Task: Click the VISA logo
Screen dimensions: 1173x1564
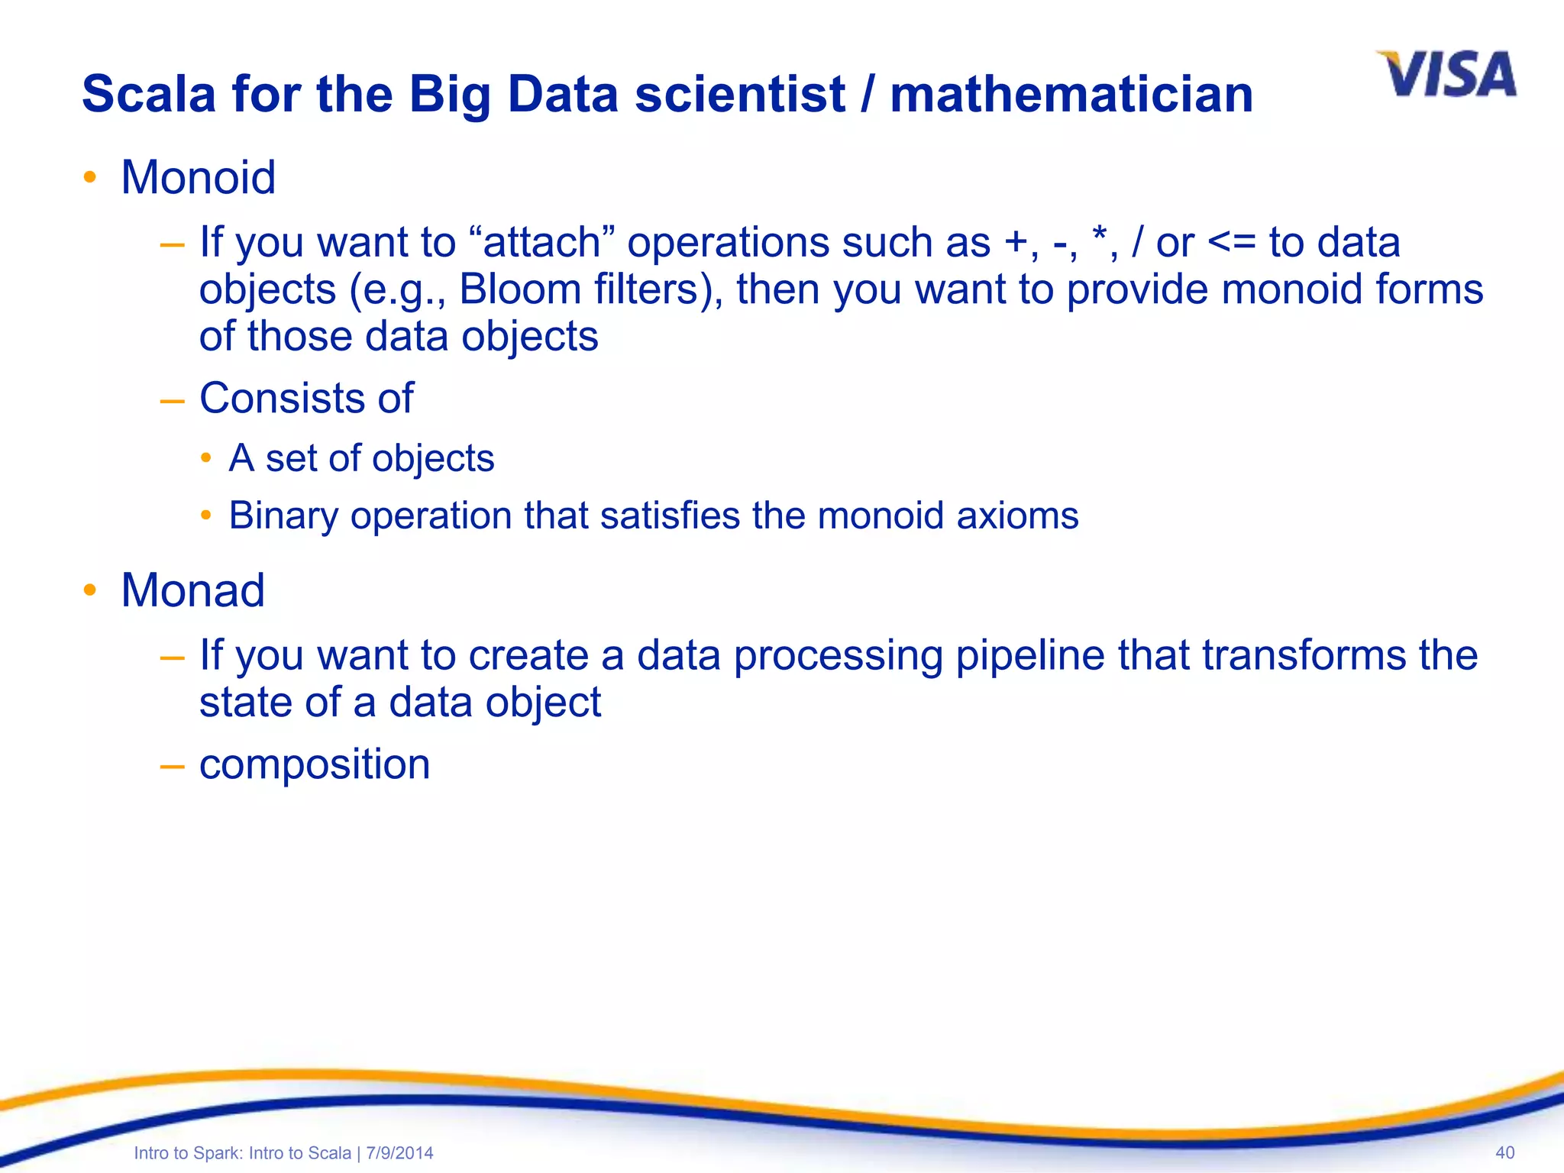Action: (x=1446, y=75)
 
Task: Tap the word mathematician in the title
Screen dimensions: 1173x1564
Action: (x=1071, y=94)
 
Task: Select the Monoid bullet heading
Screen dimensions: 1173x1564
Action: (x=198, y=178)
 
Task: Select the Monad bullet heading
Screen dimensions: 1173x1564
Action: (x=192, y=590)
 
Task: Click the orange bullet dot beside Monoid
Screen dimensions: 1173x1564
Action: (x=90, y=178)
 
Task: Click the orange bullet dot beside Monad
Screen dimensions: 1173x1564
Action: (x=90, y=590)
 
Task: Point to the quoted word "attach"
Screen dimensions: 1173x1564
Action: (x=543, y=243)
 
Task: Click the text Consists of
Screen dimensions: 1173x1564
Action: (x=306, y=398)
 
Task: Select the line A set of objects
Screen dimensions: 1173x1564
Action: (x=361, y=458)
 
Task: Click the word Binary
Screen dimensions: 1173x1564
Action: (x=283, y=515)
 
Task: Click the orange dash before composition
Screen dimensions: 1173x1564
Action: (x=173, y=765)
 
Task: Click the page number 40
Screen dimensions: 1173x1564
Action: (x=1504, y=1152)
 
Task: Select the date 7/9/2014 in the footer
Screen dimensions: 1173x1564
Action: (x=399, y=1153)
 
